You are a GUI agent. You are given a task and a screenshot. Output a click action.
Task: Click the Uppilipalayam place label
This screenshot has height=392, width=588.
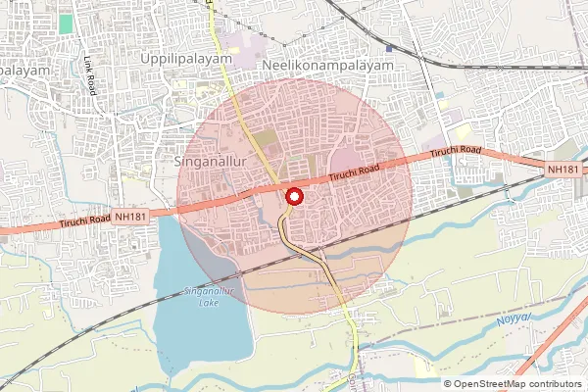point(185,59)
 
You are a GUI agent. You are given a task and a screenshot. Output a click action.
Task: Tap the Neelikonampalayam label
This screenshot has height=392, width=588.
point(328,65)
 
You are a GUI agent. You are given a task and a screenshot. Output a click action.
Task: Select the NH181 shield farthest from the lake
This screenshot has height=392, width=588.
point(563,170)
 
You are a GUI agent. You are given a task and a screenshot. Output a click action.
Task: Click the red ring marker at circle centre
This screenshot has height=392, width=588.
point(292,196)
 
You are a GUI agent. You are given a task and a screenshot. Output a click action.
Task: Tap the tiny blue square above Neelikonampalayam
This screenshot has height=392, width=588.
point(390,48)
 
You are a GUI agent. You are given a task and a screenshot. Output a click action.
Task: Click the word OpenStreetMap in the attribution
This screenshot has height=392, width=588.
point(492,383)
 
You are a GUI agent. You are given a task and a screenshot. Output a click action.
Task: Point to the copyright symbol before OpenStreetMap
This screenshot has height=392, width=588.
point(449,383)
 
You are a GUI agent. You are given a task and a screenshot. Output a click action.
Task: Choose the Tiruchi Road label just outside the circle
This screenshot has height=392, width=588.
point(453,153)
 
